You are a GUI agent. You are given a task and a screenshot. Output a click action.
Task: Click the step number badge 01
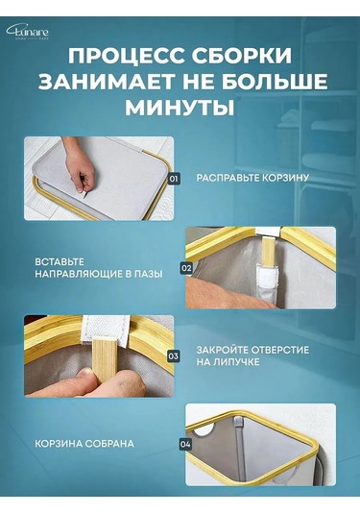(174, 179)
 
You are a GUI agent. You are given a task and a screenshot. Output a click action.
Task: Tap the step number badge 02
(186, 268)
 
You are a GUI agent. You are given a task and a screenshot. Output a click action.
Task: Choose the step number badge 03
(174, 355)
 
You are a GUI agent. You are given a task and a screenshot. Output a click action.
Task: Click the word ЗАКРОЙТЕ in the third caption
(227, 350)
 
